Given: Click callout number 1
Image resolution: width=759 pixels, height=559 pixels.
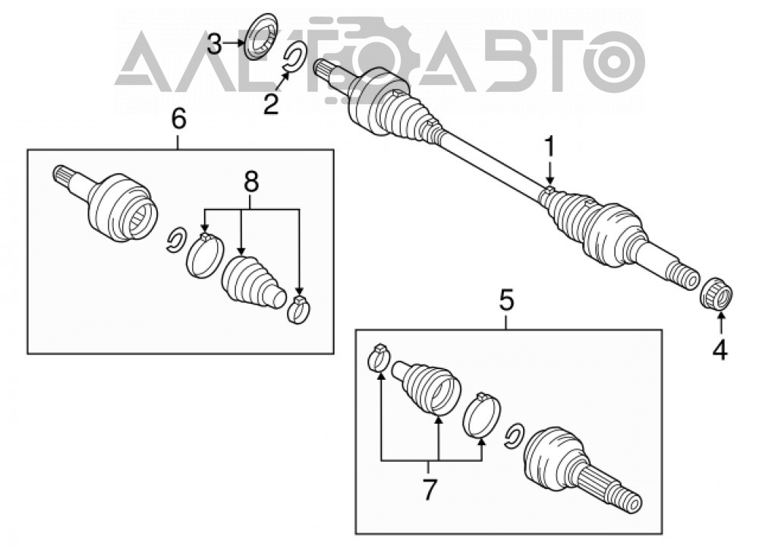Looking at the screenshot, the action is point(549,147).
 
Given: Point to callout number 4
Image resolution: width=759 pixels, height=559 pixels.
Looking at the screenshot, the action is point(720,349).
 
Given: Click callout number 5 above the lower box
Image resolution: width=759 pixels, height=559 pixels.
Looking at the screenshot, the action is point(505,302).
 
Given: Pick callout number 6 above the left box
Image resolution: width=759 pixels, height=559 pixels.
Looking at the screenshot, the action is point(178,118).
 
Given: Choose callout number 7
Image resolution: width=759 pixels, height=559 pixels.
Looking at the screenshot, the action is point(429,490).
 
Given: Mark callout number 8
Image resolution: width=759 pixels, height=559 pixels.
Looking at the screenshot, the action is point(251,182).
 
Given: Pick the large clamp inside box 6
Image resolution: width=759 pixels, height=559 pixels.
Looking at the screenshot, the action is point(205,256).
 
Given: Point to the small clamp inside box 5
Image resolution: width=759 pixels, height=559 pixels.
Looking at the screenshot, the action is point(379,357).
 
